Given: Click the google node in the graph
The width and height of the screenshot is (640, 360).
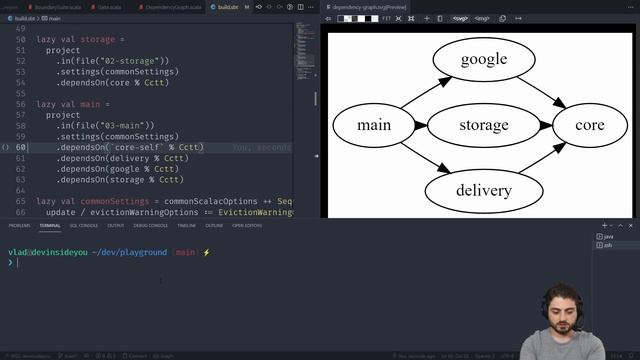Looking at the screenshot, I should point(483,60).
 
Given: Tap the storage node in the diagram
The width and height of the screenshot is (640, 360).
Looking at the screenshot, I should point(483,126).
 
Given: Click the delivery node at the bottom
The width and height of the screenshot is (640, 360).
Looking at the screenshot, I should point(483,190).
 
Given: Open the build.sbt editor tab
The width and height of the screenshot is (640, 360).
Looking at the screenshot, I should point(227,6).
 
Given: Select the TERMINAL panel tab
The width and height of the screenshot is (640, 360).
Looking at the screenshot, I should point(50,225).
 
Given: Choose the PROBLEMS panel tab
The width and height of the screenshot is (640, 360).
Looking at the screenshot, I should point(19,225).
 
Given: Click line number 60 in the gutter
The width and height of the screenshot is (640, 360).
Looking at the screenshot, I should point(21,147).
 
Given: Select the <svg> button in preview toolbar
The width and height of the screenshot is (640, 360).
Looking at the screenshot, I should point(460,18).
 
